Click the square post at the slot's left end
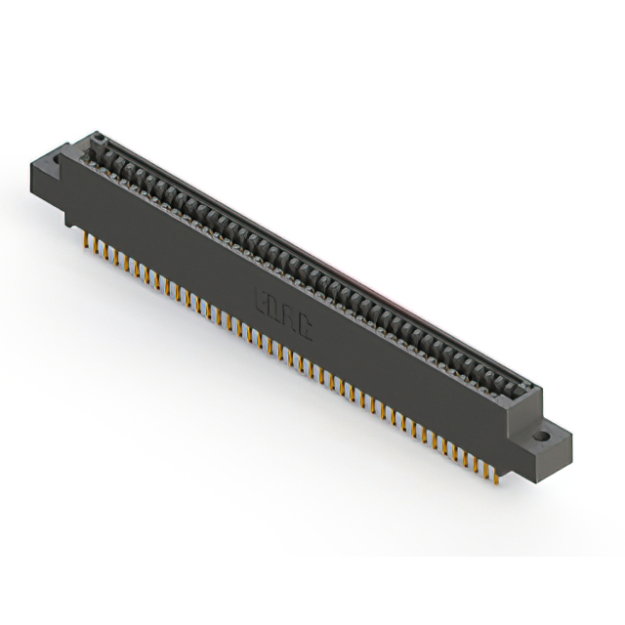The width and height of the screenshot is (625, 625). tap(99, 137)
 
